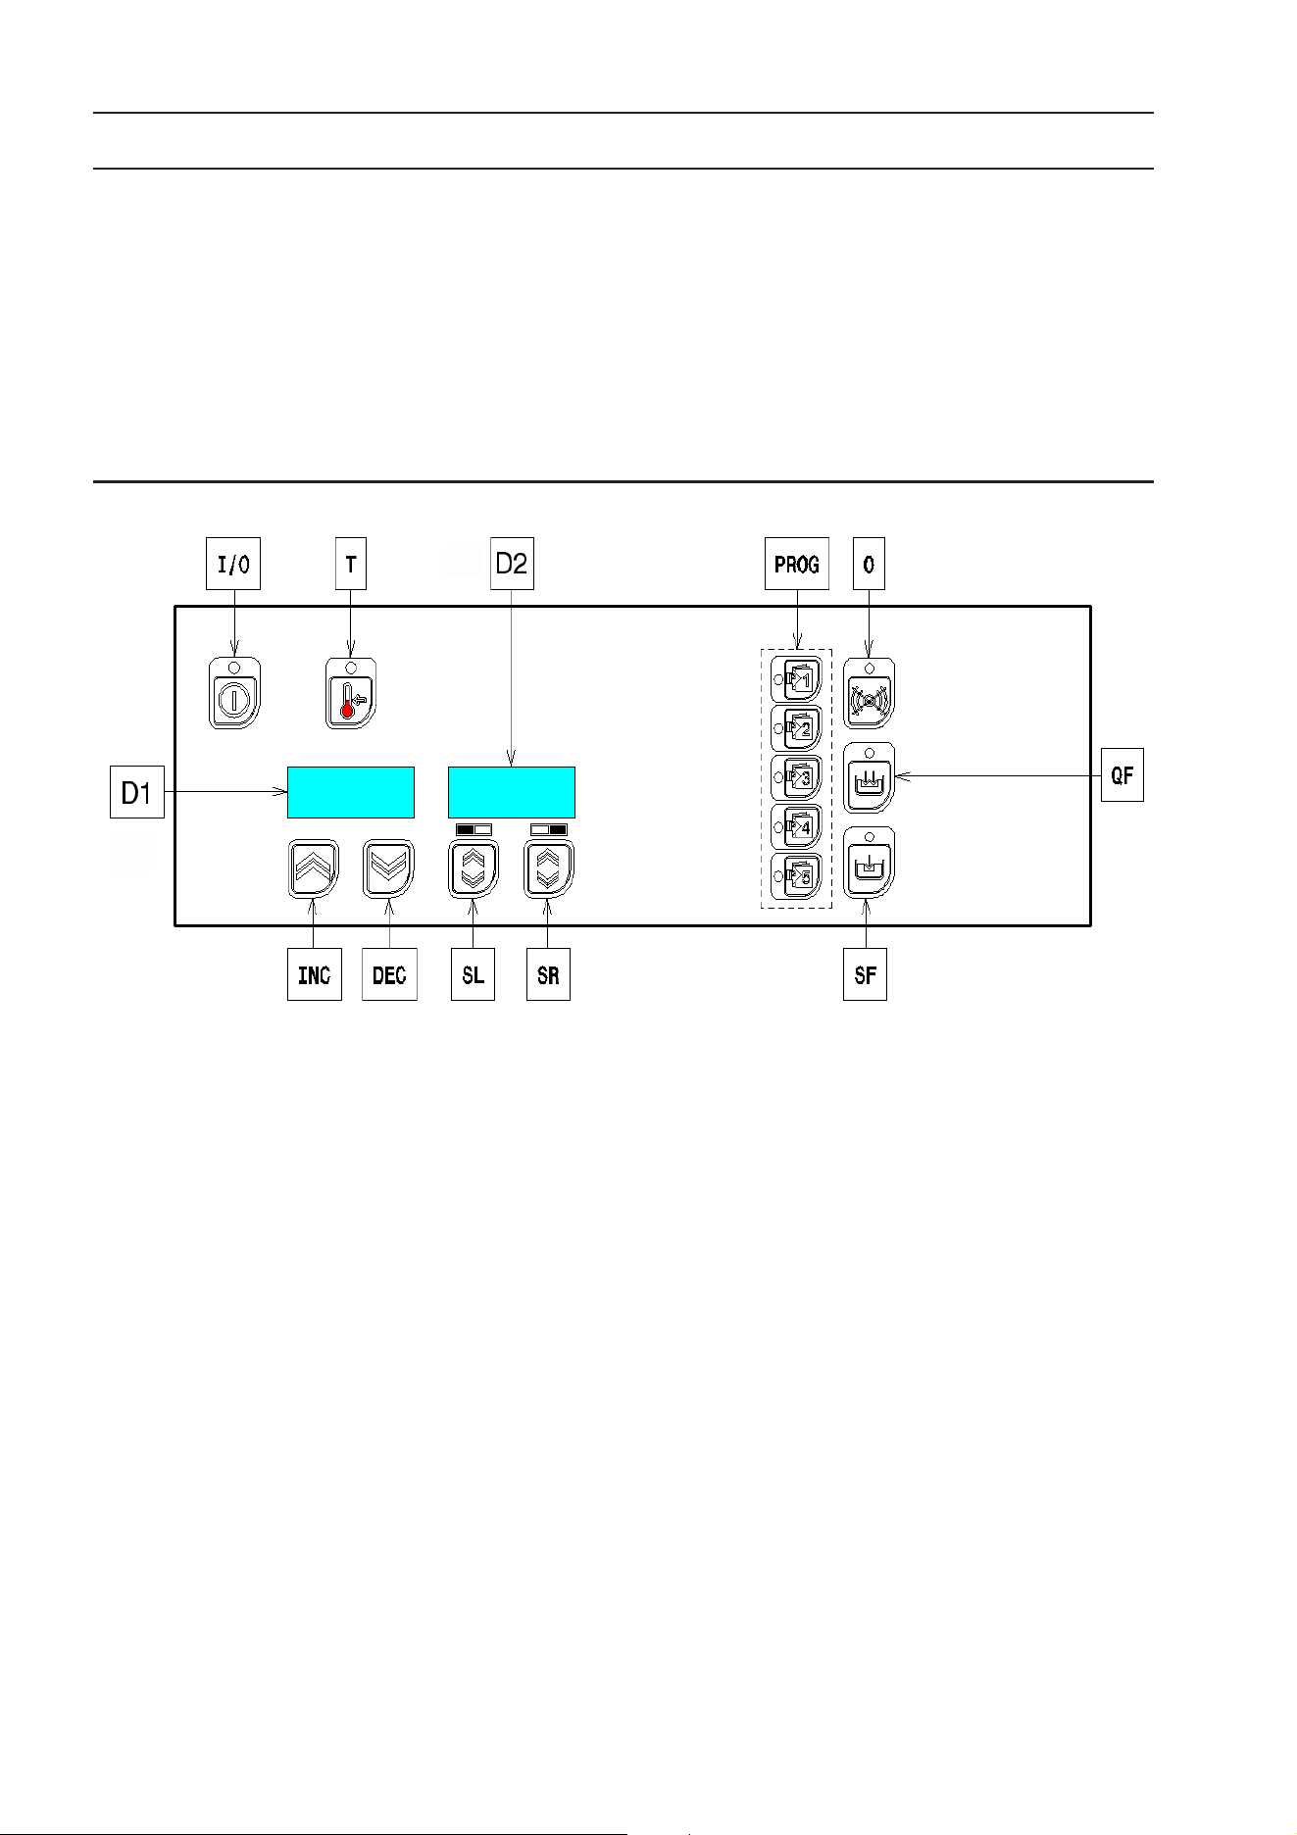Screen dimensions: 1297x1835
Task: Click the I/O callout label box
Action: point(233,563)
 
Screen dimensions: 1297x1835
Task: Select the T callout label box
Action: point(351,563)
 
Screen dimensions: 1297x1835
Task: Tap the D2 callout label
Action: point(512,563)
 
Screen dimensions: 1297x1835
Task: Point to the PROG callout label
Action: point(796,563)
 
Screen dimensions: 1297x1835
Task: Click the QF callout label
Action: point(1122,774)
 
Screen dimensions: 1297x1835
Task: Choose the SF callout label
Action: point(865,974)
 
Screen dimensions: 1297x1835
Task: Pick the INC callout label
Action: point(315,974)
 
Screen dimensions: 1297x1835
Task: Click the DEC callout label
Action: point(389,974)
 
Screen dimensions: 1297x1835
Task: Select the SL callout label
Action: point(473,974)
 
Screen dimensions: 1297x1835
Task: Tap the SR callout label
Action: point(548,974)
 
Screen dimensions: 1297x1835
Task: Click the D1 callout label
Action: point(136,792)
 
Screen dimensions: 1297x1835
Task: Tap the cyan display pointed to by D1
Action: point(351,792)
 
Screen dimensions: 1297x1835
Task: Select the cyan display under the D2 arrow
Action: point(512,792)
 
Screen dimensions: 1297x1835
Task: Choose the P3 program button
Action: point(795,777)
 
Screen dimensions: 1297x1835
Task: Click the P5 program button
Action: point(795,877)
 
